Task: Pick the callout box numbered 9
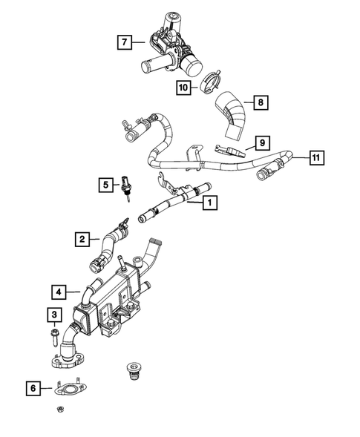click(x=261, y=142)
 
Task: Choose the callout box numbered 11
click(x=316, y=157)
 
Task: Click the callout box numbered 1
click(x=210, y=201)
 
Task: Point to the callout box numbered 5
click(x=107, y=183)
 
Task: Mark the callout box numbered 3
click(x=54, y=315)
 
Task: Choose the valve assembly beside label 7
click(x=171, y=45)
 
